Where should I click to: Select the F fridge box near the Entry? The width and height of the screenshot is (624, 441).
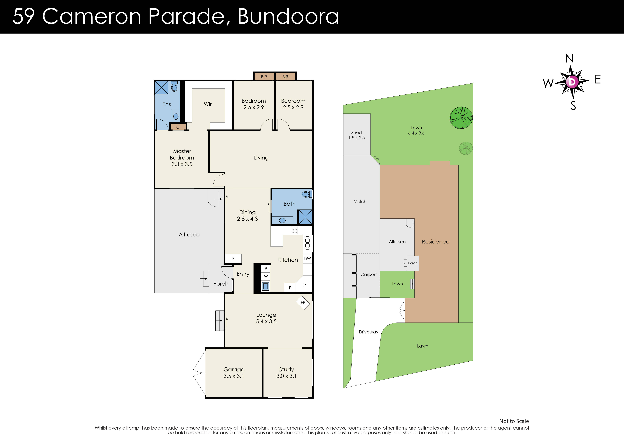coord(233,259)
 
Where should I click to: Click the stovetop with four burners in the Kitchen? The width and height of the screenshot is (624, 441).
coord(294,230)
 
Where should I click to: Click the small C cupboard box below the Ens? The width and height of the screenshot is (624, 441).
coord(178,127)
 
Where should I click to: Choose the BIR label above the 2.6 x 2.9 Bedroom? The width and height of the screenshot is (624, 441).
coord(264,77)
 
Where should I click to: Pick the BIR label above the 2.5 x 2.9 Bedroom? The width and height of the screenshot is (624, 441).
coord(285,77)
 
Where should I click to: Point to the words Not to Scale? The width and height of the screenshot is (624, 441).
coord(514,421)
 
